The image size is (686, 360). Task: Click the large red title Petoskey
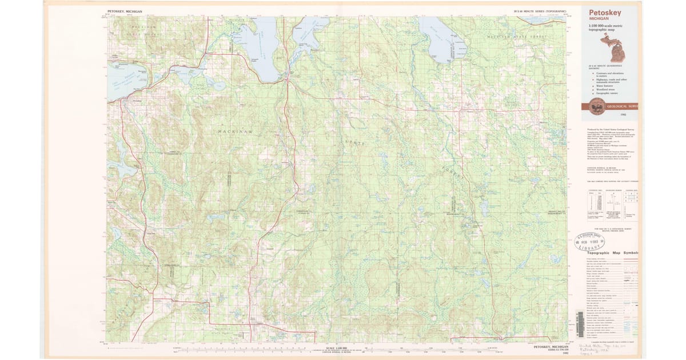[x=608, y=13]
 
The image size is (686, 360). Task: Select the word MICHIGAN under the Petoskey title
[x=600, y=19]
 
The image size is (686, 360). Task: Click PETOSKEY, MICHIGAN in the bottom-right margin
[x=551, y=347]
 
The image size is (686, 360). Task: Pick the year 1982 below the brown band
[x=623, y=115]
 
